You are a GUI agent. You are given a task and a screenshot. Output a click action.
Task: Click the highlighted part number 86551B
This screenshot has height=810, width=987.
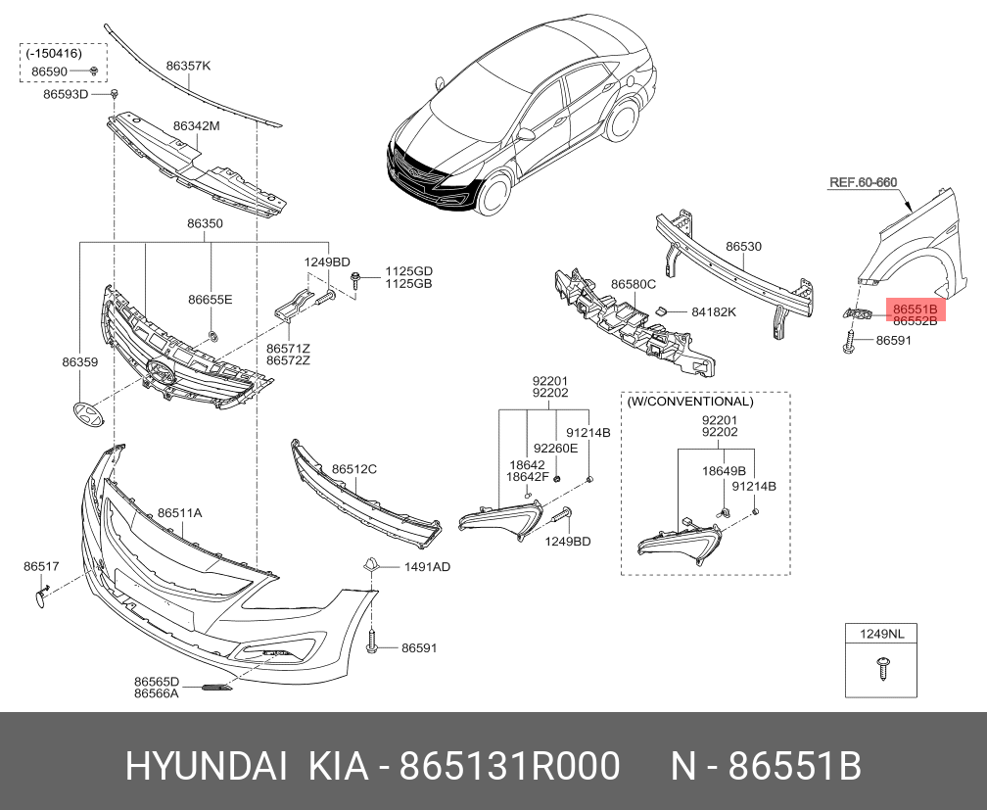[x=915, y=310]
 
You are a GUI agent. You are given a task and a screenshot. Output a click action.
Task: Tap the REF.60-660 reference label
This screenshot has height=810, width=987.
[x=863, y=182]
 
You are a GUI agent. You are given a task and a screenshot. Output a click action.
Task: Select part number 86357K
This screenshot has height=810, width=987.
[x=188, y=66]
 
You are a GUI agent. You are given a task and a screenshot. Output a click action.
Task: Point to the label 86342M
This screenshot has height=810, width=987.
[x=196, y=125]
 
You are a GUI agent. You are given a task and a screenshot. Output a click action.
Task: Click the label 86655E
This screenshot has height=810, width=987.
[x=211, y=299]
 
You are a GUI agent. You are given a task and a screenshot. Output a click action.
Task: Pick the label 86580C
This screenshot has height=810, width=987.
[x=633, y=284]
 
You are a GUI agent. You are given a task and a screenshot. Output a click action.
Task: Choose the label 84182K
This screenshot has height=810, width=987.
[x=713, y=312]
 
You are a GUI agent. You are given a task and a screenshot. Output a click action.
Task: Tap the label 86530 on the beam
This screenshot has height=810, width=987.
[x=743, y=248]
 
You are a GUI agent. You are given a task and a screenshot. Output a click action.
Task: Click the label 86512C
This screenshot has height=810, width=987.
[x=353, y=469]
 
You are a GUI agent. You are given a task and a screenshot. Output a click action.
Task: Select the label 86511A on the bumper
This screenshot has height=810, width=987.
[x=179, y=512]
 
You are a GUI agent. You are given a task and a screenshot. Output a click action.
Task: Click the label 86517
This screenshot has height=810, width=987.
[x=41, y=566]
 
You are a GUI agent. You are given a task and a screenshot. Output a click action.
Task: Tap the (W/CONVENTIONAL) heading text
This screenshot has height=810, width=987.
[x=690, y=402]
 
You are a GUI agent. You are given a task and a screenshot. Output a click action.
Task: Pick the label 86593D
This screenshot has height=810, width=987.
[x=66, y=94]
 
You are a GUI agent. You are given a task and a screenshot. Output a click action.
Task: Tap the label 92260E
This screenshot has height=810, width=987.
[x=555, y=448]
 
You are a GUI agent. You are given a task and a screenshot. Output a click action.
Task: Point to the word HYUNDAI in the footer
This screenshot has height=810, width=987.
[x=206, y=767]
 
